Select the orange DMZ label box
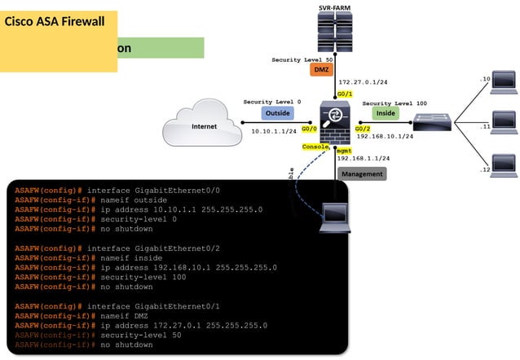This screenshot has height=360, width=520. [x=321, y=71]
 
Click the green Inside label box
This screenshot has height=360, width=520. [x=386, y=114]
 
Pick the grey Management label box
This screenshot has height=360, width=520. [x=362, y=173]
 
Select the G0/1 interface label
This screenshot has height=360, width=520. [x=345, y=94]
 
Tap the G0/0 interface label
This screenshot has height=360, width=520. [x=308, y=129]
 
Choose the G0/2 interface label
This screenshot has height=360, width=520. [x=361, y=129]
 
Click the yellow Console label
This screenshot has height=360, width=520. [x=315, y=147]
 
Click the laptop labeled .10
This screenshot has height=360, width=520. [x=504, y=80]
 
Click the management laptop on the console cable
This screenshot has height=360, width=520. [x=334, y=216]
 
